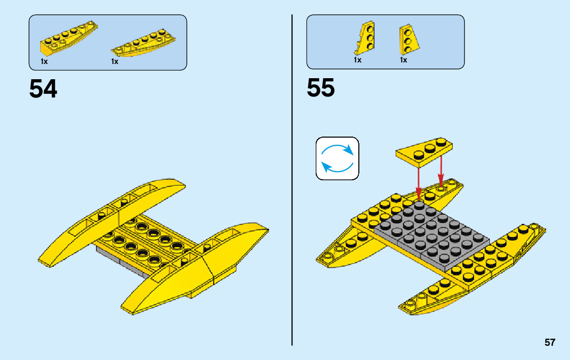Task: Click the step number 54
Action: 43,89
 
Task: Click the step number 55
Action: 321,88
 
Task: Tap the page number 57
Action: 550,342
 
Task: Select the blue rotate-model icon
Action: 337,158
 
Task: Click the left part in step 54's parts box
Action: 68,39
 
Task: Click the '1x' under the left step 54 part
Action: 44,61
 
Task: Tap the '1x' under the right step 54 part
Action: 115,61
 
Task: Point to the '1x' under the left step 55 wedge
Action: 357,60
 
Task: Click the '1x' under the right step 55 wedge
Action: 404,60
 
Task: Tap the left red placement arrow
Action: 418,180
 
